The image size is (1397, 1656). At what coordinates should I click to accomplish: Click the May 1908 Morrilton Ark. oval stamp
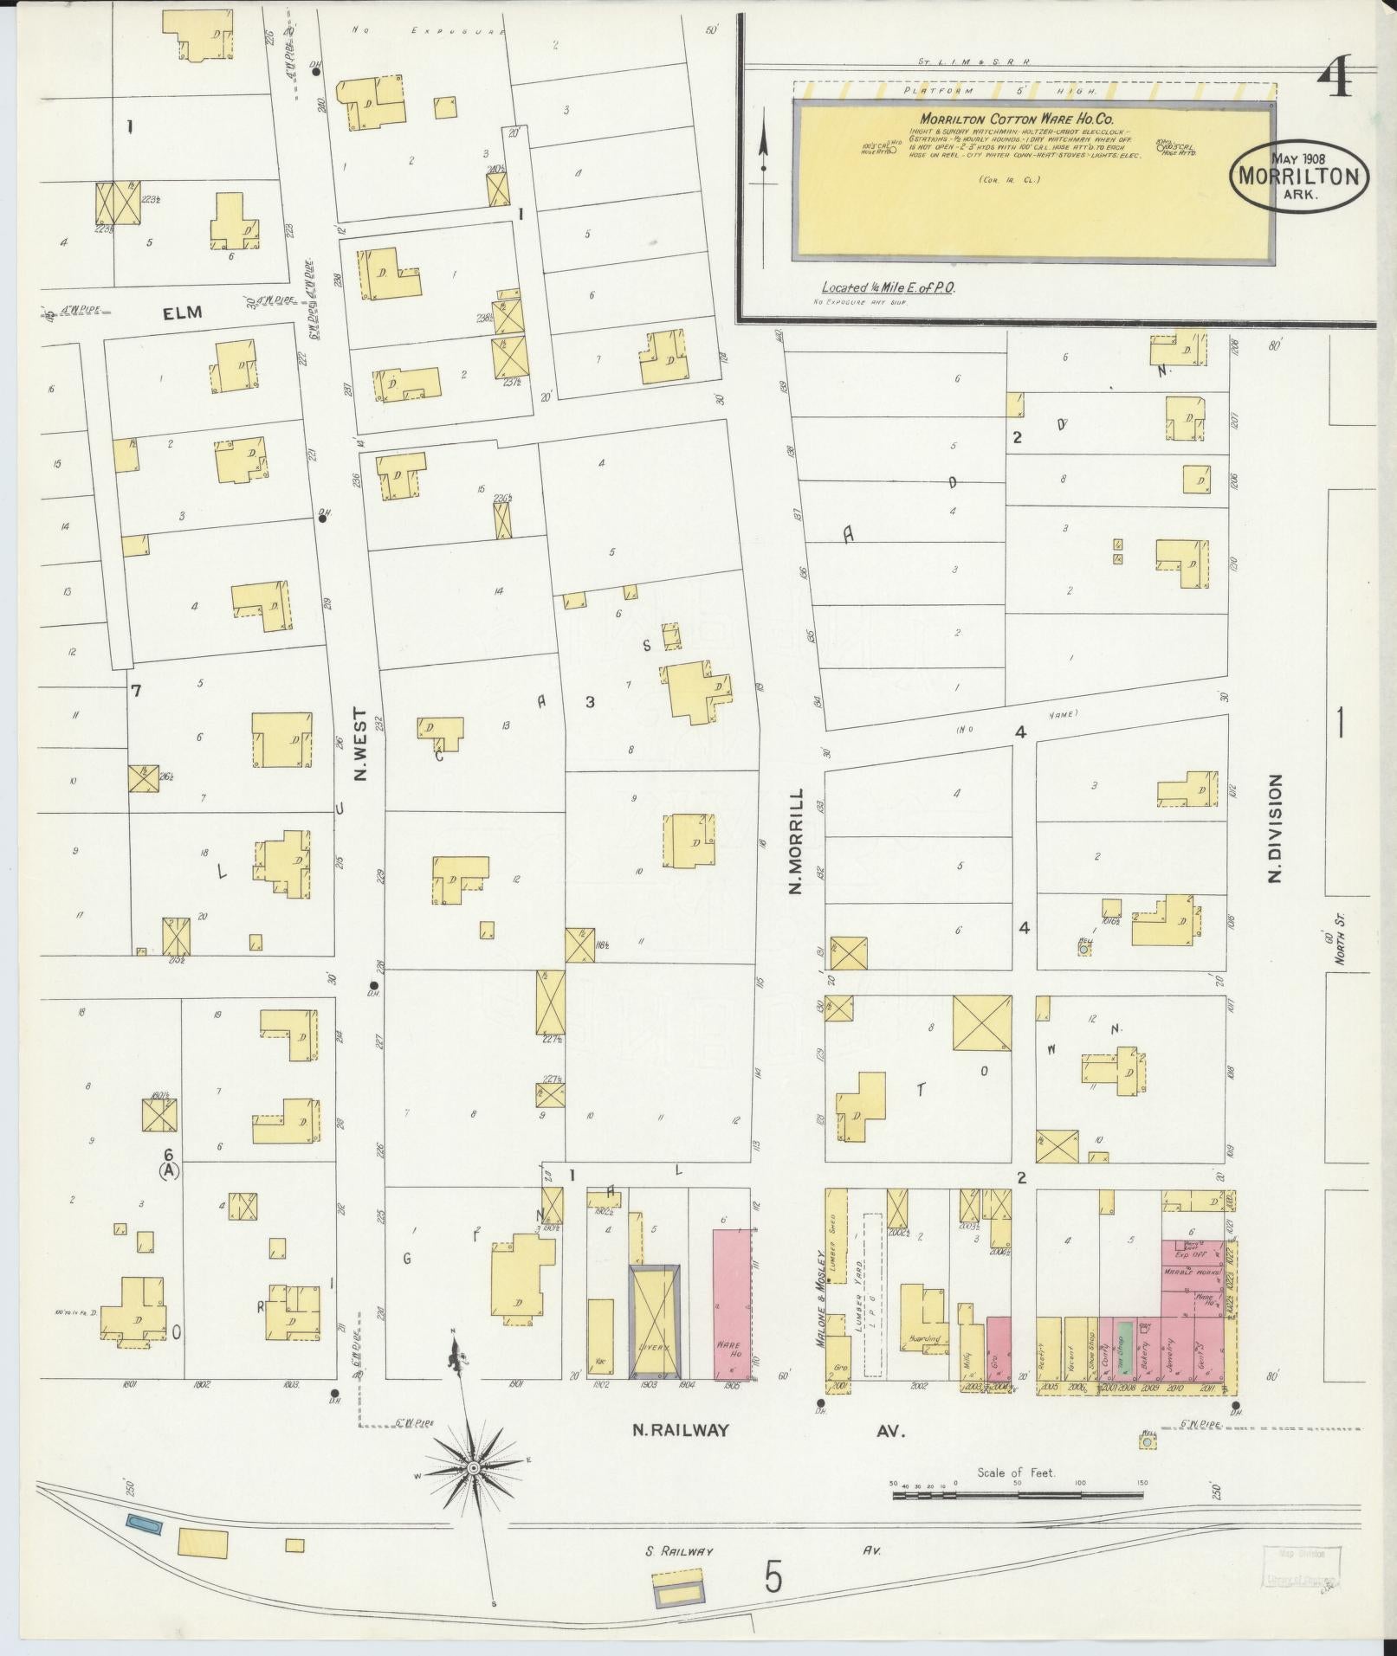[x=1300, y=177]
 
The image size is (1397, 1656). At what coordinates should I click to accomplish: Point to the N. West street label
[x=360, y=745]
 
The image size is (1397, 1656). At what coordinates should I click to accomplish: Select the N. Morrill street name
[x=797, y=841]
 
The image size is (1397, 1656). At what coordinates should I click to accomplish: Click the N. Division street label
[x=1274, y=828]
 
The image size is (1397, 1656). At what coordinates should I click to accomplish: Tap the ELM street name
[x=182, y=313]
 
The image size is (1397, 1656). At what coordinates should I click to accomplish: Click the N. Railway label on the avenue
[x=680, y=1431]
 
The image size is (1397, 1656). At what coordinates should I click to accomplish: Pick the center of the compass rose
[x=474, y=1468]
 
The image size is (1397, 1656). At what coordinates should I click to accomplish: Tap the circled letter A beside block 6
[x=168, y=1170]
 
